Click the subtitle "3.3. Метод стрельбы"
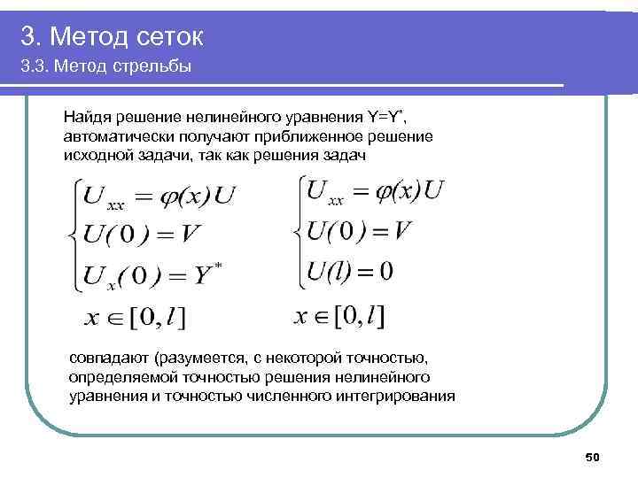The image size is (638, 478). coord(107,67)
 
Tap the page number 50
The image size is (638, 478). coord(594,457)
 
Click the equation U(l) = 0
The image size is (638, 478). coord(349,271)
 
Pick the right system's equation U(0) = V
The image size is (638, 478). coord(358,230)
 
